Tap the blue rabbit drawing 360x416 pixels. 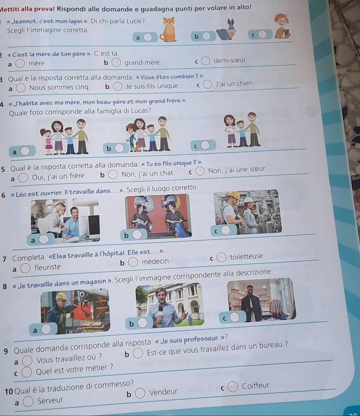tap(226, 30)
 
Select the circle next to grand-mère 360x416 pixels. tap(116, 63)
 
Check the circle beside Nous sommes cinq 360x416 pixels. tap(21, 88)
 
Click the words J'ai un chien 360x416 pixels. tap(235, 84)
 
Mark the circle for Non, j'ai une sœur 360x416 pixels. tap(200, 171)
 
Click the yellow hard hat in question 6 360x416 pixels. tap(234, 195)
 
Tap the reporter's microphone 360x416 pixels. tap(160, 311)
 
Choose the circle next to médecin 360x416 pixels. tap(133, 262)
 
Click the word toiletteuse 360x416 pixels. tap(246, 256)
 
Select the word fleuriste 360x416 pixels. tap(48, 267)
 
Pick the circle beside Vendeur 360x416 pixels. tap(140, 393)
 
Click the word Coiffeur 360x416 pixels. tap(256, 385)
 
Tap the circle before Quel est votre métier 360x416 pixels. tap(26, 372)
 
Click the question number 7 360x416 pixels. tap(4, 259)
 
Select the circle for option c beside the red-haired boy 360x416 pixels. tap(262, 34)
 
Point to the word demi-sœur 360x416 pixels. tap(230, 60)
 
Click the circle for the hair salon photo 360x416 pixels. tap(137, 234)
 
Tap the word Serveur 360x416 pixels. tap(51, 400)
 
